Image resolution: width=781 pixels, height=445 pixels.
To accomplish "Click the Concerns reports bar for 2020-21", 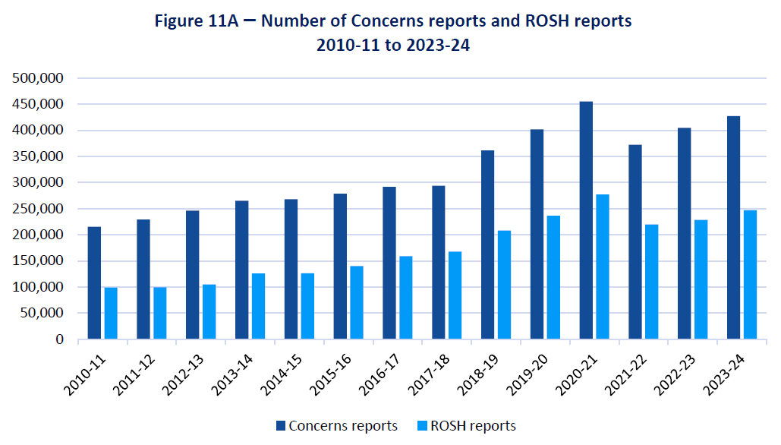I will tap(586, 220).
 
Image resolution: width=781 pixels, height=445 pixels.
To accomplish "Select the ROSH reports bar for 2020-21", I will tap(603, 267).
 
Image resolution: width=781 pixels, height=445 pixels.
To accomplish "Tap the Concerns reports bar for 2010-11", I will tap(94, 282).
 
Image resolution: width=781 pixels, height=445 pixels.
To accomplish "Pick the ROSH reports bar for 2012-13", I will tap(209, 311).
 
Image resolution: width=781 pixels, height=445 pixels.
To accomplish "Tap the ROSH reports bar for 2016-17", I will tap(406, 297).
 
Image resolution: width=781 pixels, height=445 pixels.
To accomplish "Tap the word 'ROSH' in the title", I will tap(547, 21).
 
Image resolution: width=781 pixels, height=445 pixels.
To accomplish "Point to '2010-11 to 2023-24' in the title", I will tap(393, 45).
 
